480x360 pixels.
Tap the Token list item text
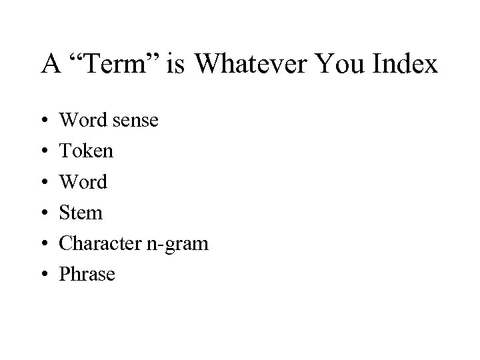pyautogui.click(x=87, y=151)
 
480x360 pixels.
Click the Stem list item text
pyautogui.click(x=81, y=213)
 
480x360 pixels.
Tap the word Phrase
pyautogui.click(x=87, y=274)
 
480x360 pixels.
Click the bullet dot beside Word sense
pyautogui.click(x=44, y=121)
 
